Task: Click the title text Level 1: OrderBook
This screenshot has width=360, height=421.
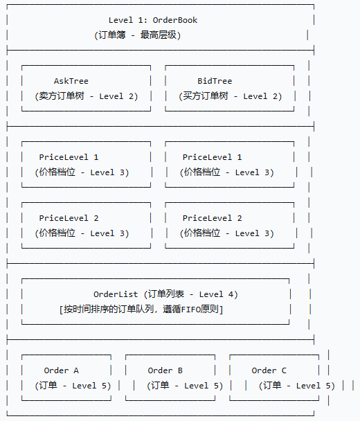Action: click(153, 20)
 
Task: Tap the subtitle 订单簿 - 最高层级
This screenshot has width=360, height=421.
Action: click(137, 35)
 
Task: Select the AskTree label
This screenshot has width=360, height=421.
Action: click(71, 81)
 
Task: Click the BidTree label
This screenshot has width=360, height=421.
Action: click(215, 81)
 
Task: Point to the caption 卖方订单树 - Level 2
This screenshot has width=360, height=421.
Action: click(87, 96)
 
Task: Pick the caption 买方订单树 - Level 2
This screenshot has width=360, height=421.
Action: click(231, 96)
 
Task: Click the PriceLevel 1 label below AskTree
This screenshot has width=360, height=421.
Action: click(69, 157)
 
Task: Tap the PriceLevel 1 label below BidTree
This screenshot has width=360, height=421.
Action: click(213, 157)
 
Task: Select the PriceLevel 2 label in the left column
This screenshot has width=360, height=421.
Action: click(69, 218)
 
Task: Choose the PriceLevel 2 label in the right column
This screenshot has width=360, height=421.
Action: click(213, 218)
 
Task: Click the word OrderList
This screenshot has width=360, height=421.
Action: click(116, 294)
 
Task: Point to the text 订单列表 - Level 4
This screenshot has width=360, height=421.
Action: click(190, 294)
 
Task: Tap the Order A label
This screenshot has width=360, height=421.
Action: click(62, 370)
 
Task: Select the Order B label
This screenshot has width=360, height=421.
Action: click(165, 370)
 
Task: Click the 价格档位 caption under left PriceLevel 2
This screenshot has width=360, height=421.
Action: click(58, 233)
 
